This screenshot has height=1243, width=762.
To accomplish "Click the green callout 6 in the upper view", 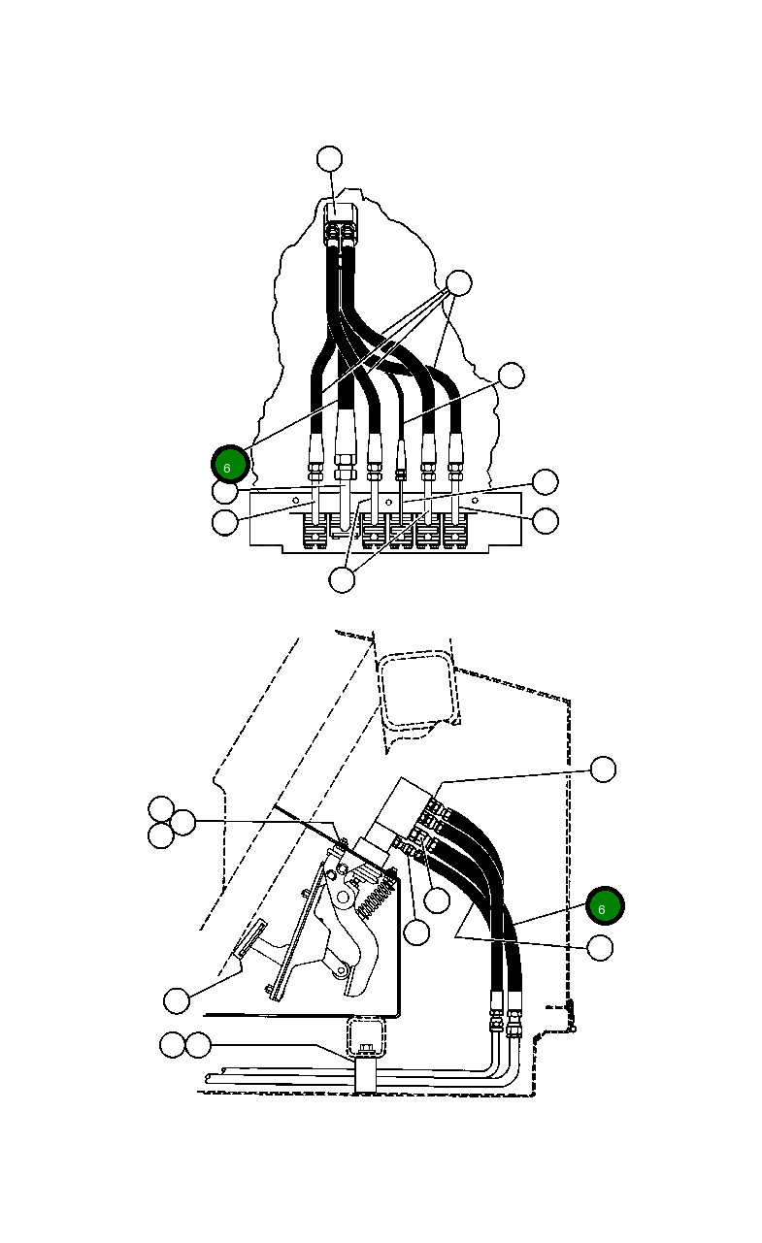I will point(230,465).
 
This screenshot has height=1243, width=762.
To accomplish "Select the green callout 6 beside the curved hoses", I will point(605,906).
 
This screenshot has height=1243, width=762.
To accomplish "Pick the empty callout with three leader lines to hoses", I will point(457,283).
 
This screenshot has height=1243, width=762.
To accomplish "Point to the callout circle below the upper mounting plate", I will point(342,579).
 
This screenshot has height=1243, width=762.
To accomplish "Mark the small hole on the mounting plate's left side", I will point(296,501).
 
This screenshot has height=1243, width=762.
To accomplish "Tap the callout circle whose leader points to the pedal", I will point(176,999).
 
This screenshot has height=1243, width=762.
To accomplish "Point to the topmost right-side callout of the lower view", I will point(603,769).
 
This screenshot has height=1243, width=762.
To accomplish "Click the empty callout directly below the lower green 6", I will point(601,948).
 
